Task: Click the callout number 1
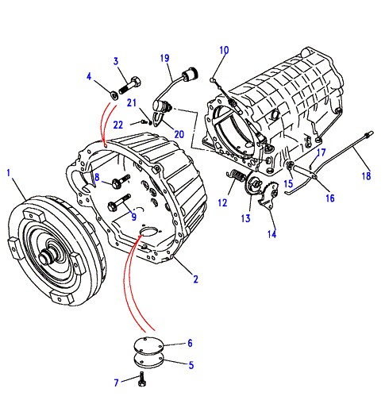point(9,174)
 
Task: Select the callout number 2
point(195,279)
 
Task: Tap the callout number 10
point(224,50)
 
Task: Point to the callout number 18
point(367,175)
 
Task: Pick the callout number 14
point(271,234)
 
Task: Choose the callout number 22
point(118,125)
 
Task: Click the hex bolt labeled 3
point(129,84)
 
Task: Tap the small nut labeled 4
point(114,95)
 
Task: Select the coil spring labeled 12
point(236,175)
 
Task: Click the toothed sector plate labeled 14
point(268,197)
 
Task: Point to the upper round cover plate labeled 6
point(148,345)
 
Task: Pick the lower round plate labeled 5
point(148,360)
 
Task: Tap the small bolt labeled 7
point(142,379)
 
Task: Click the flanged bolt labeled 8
point(121,182)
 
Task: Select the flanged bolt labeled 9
point(118,202)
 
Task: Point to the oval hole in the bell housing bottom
point(148,231)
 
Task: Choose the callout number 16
point(330,198)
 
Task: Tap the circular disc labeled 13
point(252,184)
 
